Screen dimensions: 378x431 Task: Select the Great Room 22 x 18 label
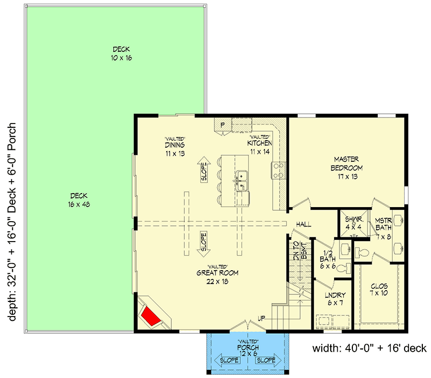point(217,277)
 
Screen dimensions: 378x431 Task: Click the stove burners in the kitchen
point(279,170)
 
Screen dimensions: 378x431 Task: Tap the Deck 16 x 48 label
point(79,200)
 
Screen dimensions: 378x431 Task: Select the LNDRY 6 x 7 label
point(335,300)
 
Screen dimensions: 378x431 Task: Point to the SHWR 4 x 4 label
point(353,224)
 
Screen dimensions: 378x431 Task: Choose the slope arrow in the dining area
point(204,169)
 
